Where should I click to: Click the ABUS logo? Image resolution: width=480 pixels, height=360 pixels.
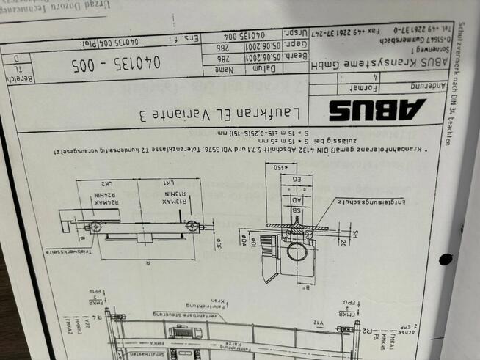(x=377, y=109)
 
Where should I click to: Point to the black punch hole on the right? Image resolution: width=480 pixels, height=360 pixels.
(x=445, y=259)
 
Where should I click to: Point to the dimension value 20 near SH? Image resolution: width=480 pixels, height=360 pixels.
(x=342, y=242)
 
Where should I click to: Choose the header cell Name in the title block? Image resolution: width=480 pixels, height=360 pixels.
(x=225, y=69)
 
